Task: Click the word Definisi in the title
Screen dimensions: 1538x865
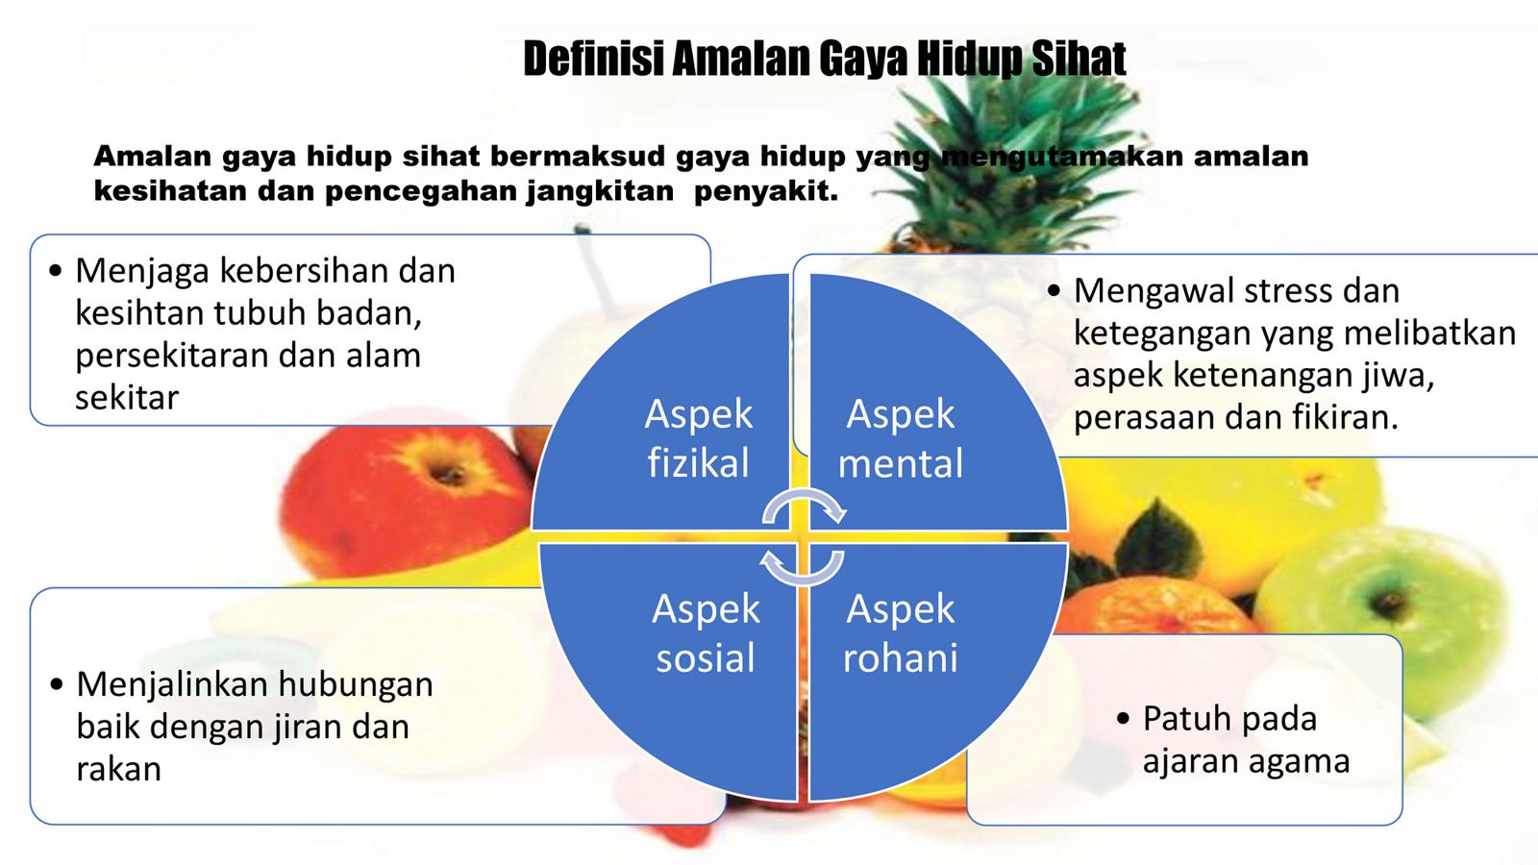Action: (x=595, y=59)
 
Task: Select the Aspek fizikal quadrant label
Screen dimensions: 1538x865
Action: (x=698, y=438)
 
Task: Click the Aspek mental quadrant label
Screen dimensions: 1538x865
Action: (x=900, y=438)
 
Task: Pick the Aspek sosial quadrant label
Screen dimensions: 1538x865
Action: (x=706, y=633)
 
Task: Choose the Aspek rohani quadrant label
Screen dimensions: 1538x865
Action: (x=900, y=633)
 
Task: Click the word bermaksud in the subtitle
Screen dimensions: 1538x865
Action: (x=578, y=157)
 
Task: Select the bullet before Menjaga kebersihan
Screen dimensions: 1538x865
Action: (x=56, y=271)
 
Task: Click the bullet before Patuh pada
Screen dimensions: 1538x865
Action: (x=1124, y=719)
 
